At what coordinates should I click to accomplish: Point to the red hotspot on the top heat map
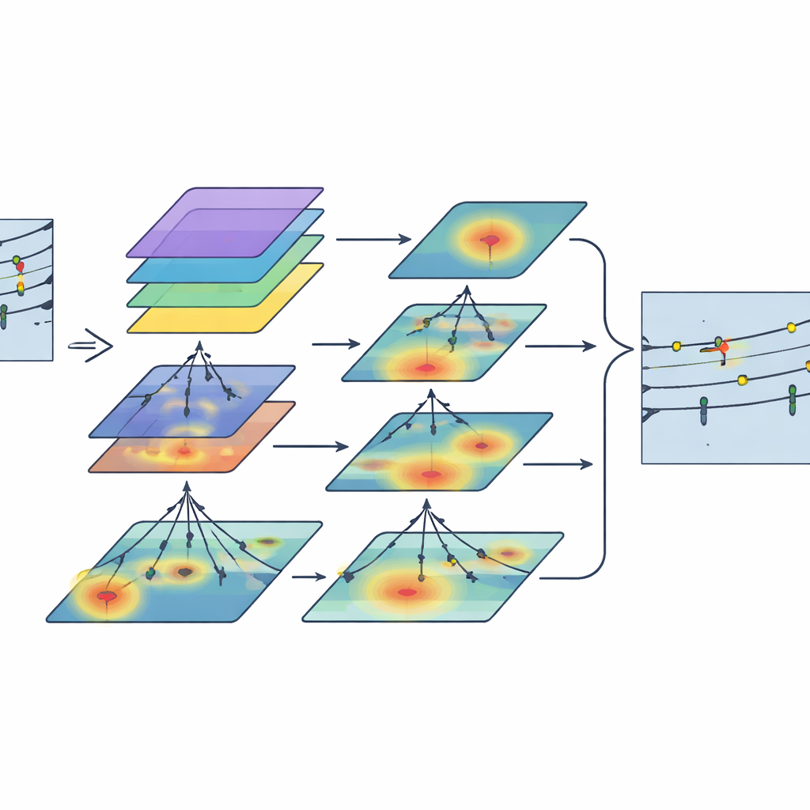(x=490, y=239)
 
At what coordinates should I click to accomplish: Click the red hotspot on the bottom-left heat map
(x=106, y=596)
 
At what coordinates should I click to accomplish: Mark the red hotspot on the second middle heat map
(x=426, y=367)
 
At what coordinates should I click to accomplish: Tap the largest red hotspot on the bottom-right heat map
(x=407, y=592)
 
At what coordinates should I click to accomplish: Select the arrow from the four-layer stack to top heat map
(x=373, y=238)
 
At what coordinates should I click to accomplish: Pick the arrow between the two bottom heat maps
(x=309, y=577)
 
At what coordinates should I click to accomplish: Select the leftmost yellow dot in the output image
(x=676, y=346)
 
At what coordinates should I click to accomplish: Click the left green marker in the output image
(x=703, y=405)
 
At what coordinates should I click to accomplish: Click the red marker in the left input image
(x=21, y=267)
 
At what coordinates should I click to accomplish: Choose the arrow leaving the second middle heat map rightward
(x=559, y=346)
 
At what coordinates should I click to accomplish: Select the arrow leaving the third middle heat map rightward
(x=558, y=464)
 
